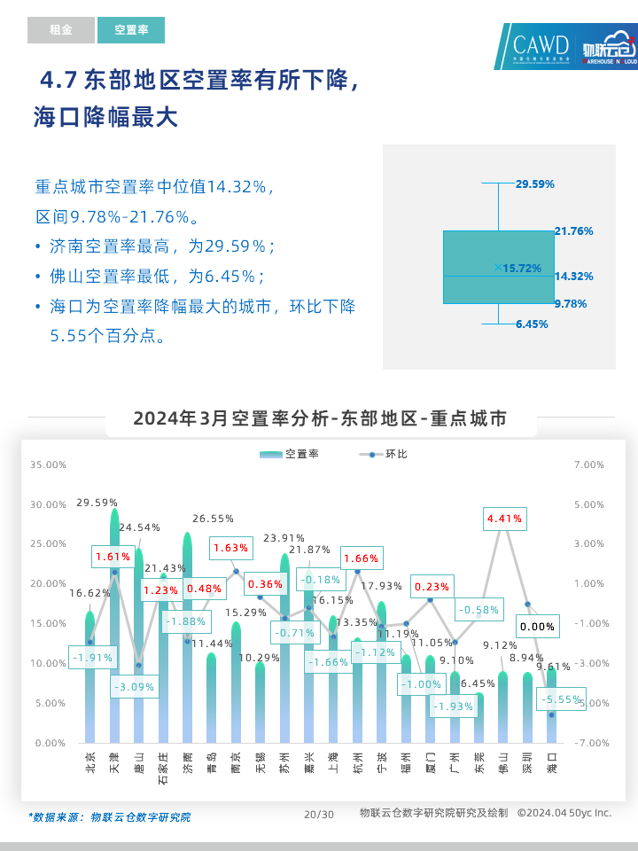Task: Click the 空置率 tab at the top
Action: (131, 30)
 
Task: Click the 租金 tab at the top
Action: (60, 30)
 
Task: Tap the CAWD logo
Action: (541, 46)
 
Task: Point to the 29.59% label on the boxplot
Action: (535, 184)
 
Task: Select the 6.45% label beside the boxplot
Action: (532, 324)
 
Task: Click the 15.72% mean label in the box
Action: (522, 268)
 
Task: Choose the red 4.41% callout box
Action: (504, 518)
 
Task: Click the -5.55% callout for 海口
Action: (560, 699)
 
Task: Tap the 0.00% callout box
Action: (537, 626)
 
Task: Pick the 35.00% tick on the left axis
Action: (48, 465)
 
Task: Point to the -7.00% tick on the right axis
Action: (590, 743)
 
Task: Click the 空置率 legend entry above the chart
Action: (290, 454)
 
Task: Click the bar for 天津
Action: (114, 629)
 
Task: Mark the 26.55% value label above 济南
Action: (213, 519)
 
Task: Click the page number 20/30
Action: (318, 815)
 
